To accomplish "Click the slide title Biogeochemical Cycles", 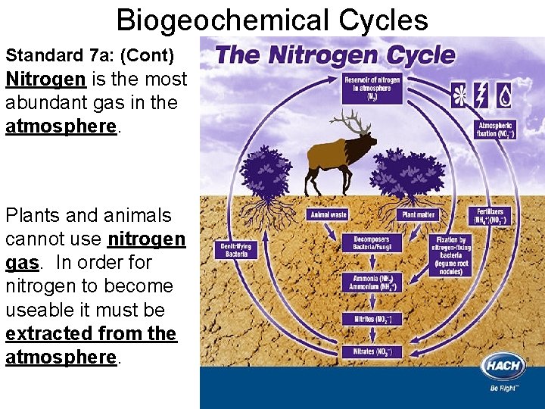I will pos(272,20).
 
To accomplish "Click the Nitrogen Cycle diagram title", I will pos(335,55).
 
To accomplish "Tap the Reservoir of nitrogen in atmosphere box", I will pos(372,89).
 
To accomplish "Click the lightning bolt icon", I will pos(481,95).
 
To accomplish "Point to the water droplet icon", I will pos(503,95).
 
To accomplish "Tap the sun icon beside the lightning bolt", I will pos(459,95).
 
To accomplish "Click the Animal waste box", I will pos(327,215).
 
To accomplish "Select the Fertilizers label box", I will pos(490,216).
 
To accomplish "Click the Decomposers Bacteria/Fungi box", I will pos(372,244).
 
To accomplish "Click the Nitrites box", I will pos(372,319).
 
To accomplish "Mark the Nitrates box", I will pos(372,352).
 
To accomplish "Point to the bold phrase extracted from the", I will pos(91,333).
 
